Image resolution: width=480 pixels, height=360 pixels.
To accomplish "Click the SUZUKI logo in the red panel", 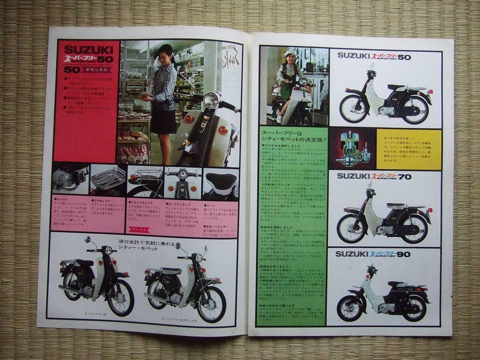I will point(88,50).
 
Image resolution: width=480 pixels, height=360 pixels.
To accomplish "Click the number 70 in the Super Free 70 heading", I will point(404,176).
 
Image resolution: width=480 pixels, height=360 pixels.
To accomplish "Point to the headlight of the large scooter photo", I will point(211,100).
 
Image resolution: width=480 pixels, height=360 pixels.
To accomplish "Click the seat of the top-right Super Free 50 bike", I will point(396,87).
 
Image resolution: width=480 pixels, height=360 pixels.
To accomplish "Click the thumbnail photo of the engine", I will point(70,178).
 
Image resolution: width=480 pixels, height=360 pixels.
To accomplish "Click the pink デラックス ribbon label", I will point(138,230).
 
